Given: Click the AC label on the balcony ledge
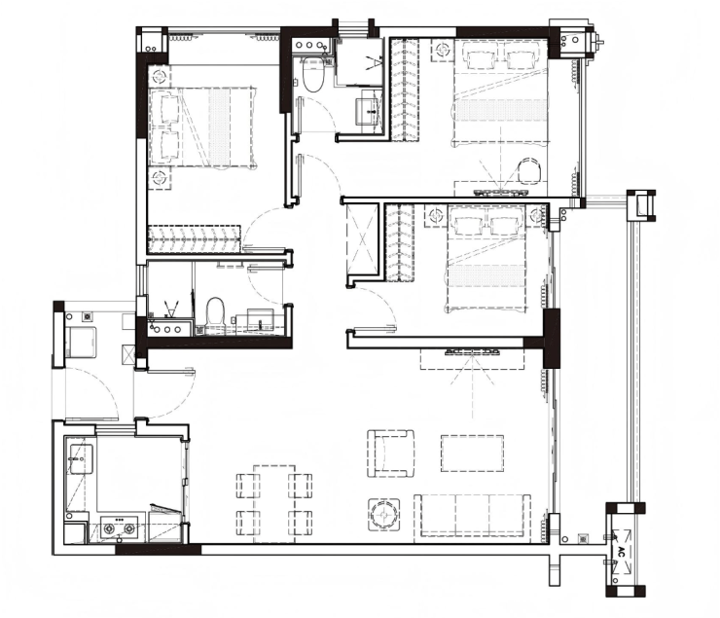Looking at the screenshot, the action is [x=622, y=552].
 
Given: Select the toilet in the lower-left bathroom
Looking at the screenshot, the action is [x=215, y=314].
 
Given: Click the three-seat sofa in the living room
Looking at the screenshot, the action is [x=472, y=515].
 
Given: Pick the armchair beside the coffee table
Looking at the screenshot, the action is [x=391, y=454].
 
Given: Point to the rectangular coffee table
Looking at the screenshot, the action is [x=472, y=454].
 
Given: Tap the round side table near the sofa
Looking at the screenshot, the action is [x=383, y=515].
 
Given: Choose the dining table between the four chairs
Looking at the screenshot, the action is [x=274, y=504].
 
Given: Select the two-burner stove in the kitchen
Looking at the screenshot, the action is [x=120, y=528].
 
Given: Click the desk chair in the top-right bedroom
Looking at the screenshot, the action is [x=529, y=170].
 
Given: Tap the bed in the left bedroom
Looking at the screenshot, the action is [x=202, y=127].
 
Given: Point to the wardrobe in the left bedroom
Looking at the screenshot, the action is [x=195, y=238].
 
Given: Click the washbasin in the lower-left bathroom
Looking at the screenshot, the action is [x=261, y=319].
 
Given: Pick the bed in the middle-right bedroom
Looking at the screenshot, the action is [x=486, y=259].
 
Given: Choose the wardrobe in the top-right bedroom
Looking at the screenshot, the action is [x=405, y=90].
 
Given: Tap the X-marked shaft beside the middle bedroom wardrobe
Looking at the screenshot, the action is [x=363, y=238].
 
